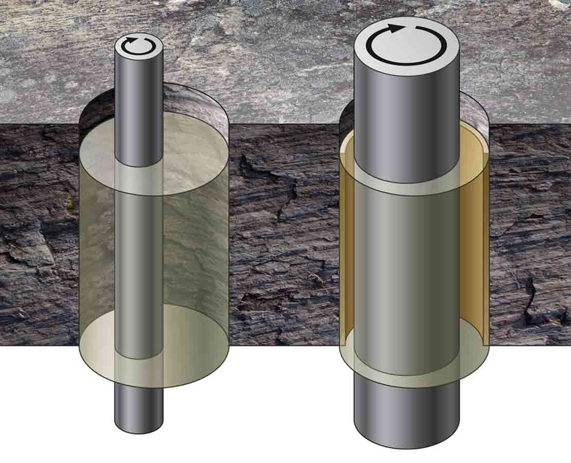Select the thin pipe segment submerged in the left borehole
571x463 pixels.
pos(138,257)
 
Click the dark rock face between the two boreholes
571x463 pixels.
pos(283,232)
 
